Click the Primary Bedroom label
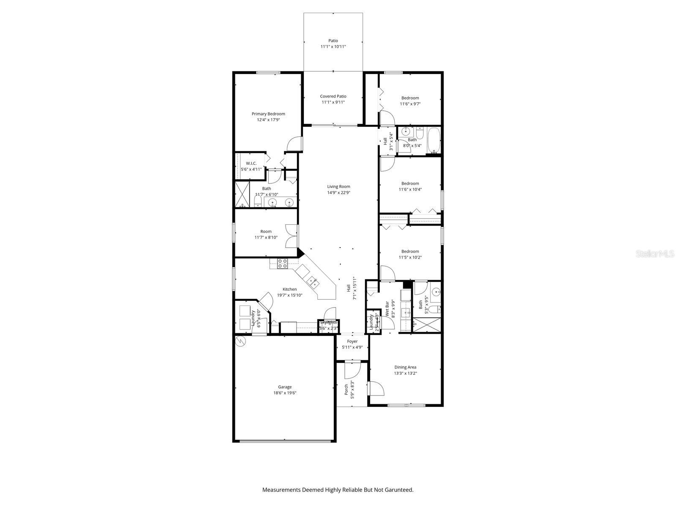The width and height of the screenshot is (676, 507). [x=268, y=114]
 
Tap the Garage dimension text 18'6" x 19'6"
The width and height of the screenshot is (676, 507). [x=285, y=393]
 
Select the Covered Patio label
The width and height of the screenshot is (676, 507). [x=333, y=96]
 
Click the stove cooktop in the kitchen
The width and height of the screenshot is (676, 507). [x=283, y=264]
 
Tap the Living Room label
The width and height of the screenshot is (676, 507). [x=338, y=186]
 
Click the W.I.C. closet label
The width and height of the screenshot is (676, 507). [x=251, y=163]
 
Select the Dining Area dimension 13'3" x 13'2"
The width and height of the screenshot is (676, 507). [x=405, y=373]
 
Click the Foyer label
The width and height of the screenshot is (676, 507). [x=352, y=341]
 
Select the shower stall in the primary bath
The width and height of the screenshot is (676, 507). [x=243, y=194]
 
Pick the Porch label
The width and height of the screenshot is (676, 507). [x=346, y=389]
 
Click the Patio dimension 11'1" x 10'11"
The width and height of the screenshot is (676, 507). [x=333, y=47]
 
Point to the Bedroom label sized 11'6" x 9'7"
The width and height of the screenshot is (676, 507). [x=410, y=98]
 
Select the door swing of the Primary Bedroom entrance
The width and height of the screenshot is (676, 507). [x=294, y=144]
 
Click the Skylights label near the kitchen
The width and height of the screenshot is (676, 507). [x=328, y=323]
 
